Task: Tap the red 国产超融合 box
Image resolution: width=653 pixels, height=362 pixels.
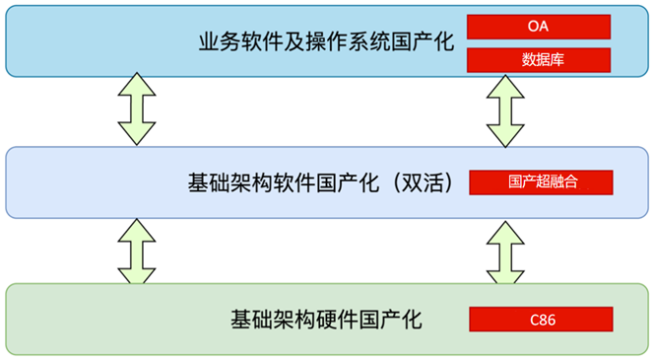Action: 542,182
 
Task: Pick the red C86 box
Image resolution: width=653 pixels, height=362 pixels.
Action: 542,319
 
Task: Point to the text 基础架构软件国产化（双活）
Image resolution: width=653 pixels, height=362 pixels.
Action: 324,182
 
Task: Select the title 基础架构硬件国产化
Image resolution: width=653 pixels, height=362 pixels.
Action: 325,320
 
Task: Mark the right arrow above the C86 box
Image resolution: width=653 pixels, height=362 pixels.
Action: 507,251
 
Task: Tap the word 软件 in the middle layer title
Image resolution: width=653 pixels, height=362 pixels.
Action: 294,182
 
